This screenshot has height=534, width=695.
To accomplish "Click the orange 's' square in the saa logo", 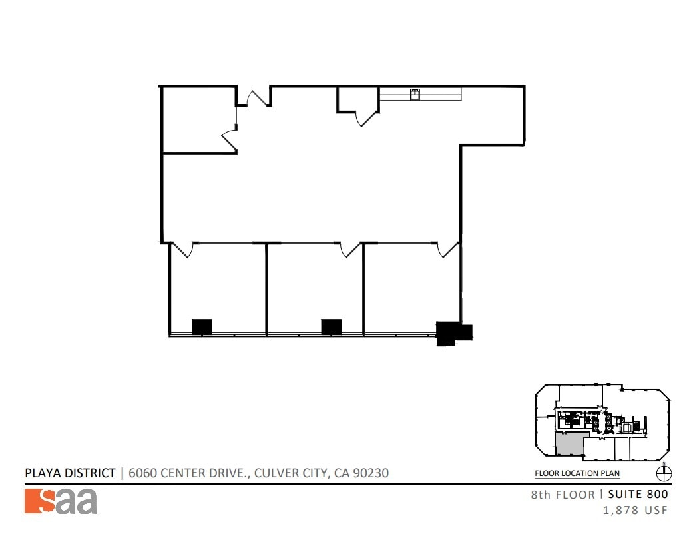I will (x=39, y=501).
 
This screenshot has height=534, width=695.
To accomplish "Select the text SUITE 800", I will (x=638, y=495).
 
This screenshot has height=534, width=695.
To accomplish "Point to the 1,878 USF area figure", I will (x=634, y=511).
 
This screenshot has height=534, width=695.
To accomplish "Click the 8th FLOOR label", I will (x=563, y=495).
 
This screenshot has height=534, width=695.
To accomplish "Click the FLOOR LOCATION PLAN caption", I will (x=577, y=474).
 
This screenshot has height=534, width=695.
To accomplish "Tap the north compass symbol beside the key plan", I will (x=664, y=473).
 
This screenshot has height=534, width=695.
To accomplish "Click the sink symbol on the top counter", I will (x=415, y=94).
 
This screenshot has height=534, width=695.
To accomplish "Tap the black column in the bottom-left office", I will (x=202, y=326).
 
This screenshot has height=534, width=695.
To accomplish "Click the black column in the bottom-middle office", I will (x=331, y=326).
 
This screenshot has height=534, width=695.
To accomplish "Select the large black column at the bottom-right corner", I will (x=453, y=332).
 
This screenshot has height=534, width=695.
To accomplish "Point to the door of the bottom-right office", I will (x=447, y=250).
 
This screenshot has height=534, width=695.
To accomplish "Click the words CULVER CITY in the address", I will (x=292, y=473).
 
